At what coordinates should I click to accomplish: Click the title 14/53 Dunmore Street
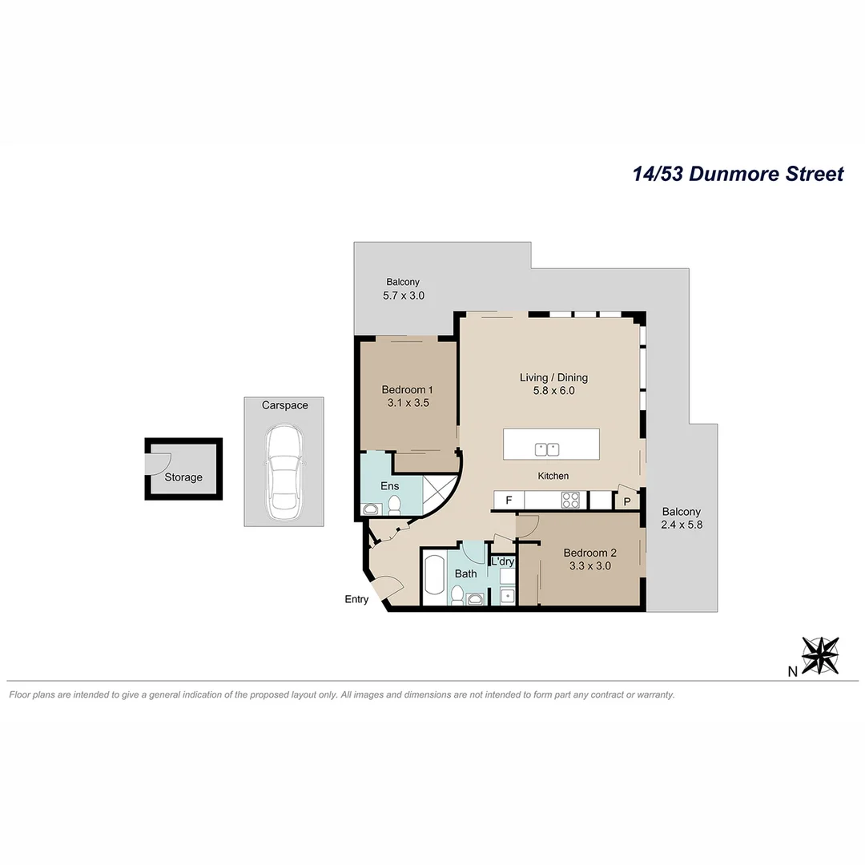[x=738, y=174]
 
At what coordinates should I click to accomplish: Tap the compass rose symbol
[x=820, y=655]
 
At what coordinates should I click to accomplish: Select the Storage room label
[x=183, y=477]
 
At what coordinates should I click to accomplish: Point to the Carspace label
[x=284, y=405]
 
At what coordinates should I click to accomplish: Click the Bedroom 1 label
[x=407, y=390]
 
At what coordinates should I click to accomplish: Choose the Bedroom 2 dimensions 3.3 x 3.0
[x=589, y=565]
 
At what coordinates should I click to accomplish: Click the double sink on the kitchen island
[x=548, y=449]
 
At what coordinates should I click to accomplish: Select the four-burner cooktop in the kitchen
[x=570, y=501]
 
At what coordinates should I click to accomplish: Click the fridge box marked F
[x=509, y=501]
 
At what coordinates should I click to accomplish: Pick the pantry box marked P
[x=626, y=501]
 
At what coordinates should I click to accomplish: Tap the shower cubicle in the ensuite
[x=440, y=491]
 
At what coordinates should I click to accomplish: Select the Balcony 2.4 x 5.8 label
[x=682, y=518]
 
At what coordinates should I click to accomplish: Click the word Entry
[x=356, y=599]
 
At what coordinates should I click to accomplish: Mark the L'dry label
[x=502, y=561]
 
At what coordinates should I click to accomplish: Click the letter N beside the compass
[x=792, y=671]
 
